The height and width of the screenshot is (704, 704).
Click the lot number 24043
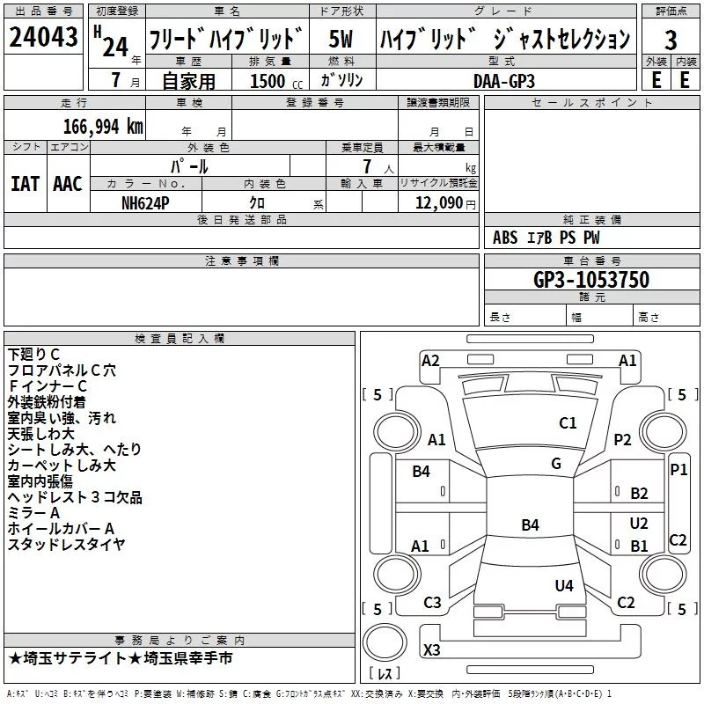tap(43, 37)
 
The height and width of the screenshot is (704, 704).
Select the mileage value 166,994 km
tap(103, 127)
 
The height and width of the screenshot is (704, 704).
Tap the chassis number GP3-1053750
tap(591, 279)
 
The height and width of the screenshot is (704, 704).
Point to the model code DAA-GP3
tap(504, 81)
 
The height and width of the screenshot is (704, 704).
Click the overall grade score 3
tap(671, 40)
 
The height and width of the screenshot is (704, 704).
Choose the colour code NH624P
tap(145, 203)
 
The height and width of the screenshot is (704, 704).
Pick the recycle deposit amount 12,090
tap(438, 203)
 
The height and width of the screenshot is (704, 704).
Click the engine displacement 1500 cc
tap(276, 81)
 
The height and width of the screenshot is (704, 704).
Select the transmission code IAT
tap(26, 184)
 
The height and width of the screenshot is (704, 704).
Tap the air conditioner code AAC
tap(68, 184)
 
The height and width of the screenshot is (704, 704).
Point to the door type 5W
tap(341, 39)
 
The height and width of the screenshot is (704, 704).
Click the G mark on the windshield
tap(556, 464)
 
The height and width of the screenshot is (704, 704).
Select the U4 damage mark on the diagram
tap(564, 585)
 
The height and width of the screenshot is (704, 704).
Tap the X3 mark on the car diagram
tap(431, 649)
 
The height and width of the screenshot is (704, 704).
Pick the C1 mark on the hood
tap(568, 422)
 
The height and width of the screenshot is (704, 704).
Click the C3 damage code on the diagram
tap(432, 602)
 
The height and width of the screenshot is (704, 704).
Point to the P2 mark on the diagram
tap(622, 439)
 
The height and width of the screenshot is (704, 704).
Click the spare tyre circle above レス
tap(385, 642)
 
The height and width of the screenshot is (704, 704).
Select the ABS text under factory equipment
tap(505, 237)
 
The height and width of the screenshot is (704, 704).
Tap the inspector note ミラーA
tap(33, 513)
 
